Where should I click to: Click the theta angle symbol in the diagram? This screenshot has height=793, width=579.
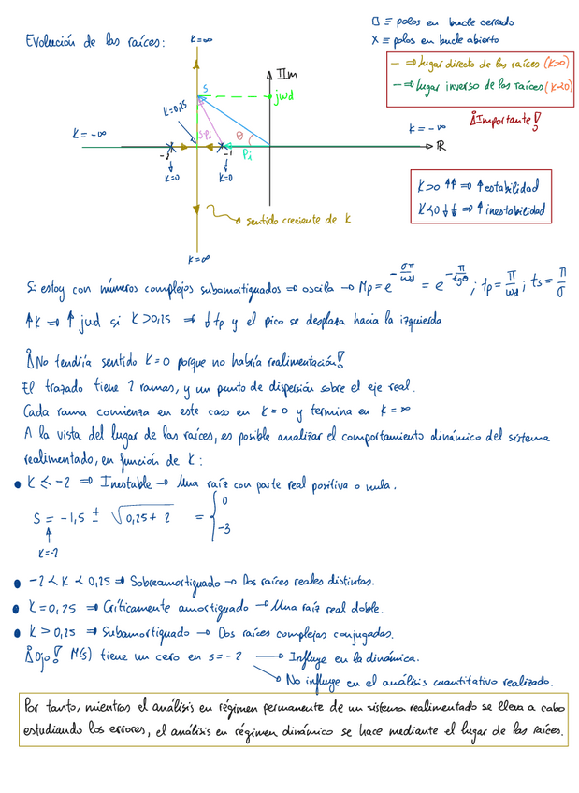coord(239,136)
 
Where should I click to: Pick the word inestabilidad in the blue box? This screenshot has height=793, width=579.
coord(510,209)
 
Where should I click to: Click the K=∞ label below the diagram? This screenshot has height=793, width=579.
coord(197,259)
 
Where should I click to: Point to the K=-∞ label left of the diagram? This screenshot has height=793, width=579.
coord(90,135)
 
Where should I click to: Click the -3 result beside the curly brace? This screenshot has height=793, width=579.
coord(224,529)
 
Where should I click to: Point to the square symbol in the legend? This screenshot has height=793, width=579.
coord(376,21)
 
